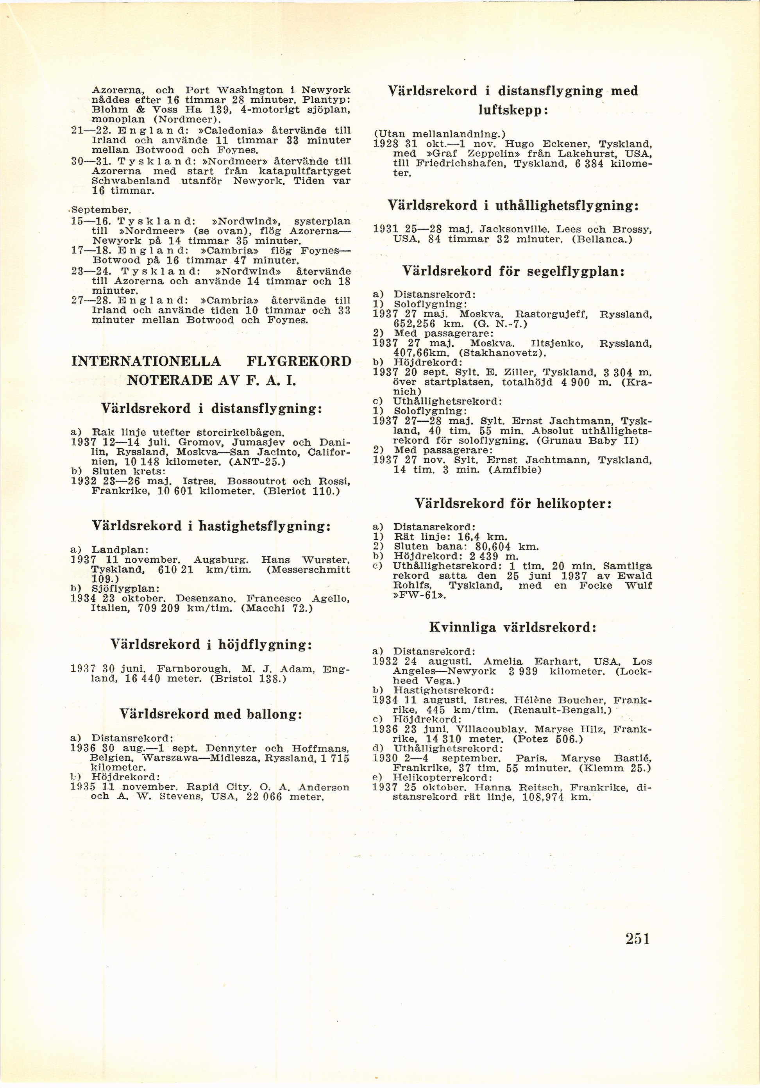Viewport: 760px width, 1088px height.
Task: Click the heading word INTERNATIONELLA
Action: pos(146,362)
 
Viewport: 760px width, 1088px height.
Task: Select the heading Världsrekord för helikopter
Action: pos(513,503)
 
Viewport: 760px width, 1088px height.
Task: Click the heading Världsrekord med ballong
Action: pos(211,714)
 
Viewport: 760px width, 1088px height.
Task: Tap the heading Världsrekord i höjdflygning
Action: pos(211,644)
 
